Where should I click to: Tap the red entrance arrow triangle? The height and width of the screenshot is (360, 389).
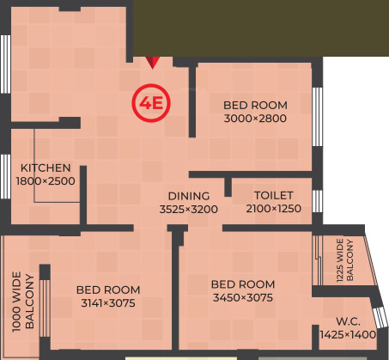point(153,62)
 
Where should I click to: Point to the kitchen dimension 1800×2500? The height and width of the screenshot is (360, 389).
point(46,181)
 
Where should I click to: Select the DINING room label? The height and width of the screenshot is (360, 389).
point(189,195)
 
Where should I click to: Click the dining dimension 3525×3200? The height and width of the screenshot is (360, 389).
point(189,209)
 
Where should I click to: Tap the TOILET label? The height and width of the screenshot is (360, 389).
point(274,195)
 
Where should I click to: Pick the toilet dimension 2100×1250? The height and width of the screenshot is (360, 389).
point(274,209)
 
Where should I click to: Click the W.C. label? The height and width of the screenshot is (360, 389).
point(348,320)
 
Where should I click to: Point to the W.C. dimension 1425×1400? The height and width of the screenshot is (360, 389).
point(348,334)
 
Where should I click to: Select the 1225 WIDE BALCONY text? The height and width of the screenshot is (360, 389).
point(344,260)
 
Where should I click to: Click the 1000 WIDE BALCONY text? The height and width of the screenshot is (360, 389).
point(22,302)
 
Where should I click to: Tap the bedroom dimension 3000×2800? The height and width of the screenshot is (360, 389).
point(255,119)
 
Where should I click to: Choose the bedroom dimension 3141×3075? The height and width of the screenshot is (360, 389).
point(108,303)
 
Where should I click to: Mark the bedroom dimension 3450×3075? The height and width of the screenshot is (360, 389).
point(243,298)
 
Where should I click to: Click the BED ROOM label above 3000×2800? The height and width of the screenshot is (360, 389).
point(255,105)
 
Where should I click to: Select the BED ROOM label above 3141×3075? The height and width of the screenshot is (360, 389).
point(108,290)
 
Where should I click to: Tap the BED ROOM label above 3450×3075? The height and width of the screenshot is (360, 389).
point(243,284)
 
